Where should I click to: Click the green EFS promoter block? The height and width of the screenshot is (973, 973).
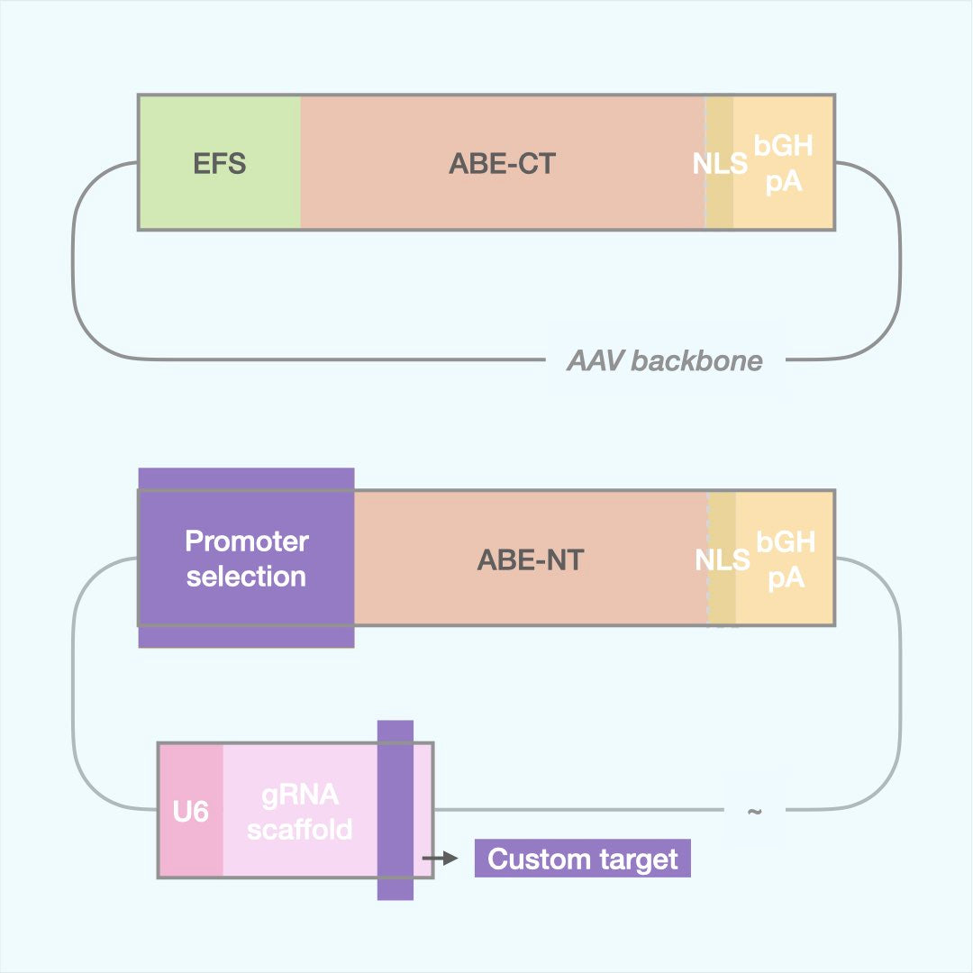[220, 164]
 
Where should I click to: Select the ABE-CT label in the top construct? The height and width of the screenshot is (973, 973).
[502, 164]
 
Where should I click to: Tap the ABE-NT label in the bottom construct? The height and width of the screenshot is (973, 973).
[530, 559]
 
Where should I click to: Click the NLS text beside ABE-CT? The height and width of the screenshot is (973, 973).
[720, 164]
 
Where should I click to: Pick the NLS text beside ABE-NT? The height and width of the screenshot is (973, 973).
[722, 559]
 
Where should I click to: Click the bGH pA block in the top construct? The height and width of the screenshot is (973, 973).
[784, 164]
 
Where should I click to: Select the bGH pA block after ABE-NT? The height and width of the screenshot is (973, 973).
[786, 559]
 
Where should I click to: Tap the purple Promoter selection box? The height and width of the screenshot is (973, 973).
[246, 559]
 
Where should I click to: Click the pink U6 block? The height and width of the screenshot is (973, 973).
[190, 812]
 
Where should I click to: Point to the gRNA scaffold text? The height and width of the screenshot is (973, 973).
[300, 812]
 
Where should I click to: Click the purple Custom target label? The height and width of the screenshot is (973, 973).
[582, 859]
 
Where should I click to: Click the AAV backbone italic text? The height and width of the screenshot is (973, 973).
[664, 361]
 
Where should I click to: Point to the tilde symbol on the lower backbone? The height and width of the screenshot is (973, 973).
[754, 811]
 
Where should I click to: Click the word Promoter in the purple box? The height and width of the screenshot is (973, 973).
[246, 541]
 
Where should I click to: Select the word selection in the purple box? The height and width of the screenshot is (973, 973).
[246, 576]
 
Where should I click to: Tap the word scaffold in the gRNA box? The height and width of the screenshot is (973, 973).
[300, 829]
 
